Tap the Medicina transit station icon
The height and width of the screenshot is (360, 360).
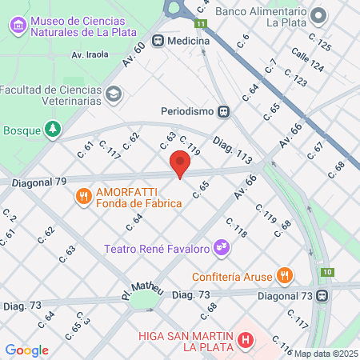tap(159, 40)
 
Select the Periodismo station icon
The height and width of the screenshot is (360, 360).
tap(225, 111)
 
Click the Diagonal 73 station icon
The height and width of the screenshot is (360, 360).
tap(322, 295)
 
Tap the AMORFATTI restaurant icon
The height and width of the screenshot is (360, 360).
tap(82, 195)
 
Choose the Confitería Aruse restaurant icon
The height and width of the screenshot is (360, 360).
tap(284, 275)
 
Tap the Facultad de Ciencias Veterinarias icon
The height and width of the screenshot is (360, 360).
tap(114, 94)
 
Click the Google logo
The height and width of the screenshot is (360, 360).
tap(26, 350)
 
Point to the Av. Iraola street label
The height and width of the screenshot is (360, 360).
tap(90, 55)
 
